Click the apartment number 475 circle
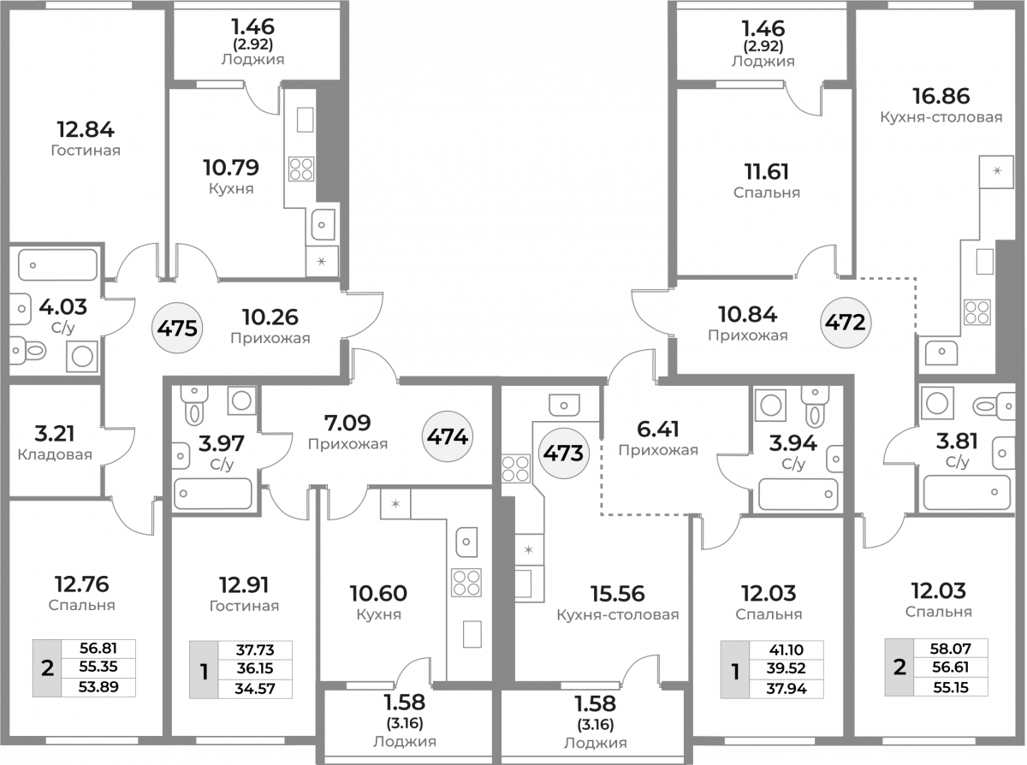[x=177, y=329]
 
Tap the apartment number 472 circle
[x=846, y=323]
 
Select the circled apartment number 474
[x=448, y=436]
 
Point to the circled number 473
[x=563, y=453]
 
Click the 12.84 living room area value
[x=86, y=130]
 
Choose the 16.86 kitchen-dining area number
[x=941, y=97]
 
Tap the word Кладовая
[x=55, y=454]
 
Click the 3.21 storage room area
[x=55, y=434]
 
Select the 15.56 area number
[x=618, y=594]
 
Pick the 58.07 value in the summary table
[x=951, y=649]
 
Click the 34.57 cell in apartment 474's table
[x=255, y=689]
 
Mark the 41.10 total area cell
[x=787, y=649]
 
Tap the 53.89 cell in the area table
[x=98, y=687]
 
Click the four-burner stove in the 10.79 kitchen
[x=301, y=169]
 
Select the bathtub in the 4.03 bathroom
[x=58, y=265]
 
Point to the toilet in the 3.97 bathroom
[x=193, y=406]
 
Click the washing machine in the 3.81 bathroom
[x=937, y=403]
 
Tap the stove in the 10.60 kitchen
[x=466, y=583]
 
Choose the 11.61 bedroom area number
[x=767, y=172]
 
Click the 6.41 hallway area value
[x=658, y=430]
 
